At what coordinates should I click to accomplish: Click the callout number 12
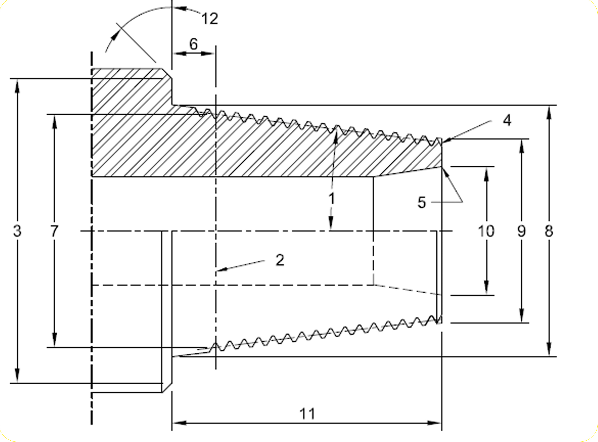[x=210, y=19]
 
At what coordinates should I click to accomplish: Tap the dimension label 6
[x=193, y=44]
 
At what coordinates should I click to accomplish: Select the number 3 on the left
[x=17, y=231]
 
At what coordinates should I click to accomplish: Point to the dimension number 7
[x=54, y=231]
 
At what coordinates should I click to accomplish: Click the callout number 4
[x=507, y=121]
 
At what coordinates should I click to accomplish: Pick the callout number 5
[x=422, y=202]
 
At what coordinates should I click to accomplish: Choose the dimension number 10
[x=486, y=231]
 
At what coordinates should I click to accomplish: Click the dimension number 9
[x=521, y=231]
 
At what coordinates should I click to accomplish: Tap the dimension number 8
[x=549, y=231]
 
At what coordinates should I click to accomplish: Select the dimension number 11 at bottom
[x=307, y=414]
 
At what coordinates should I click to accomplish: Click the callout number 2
[x=280, y=260]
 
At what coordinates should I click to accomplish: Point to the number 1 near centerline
[x=331, y=199]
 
